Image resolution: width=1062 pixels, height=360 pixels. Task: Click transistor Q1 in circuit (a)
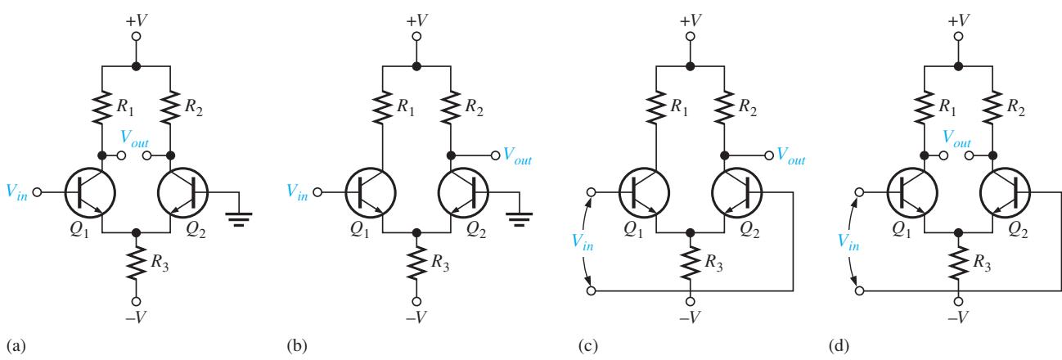(90, 192)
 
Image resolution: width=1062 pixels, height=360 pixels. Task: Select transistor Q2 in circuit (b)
(463, 192)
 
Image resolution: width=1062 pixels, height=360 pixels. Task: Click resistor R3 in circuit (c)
(691, 263)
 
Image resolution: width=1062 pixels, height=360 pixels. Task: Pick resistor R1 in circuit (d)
(924, 108)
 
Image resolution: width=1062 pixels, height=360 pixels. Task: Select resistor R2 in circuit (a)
(170, 108)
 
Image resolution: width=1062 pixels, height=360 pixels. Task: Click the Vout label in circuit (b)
(517, 156)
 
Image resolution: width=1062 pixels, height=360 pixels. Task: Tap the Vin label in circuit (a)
(16, 192)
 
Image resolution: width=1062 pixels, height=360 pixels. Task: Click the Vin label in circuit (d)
(848, 241)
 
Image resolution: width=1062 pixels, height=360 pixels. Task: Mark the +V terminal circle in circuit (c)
(691, 37)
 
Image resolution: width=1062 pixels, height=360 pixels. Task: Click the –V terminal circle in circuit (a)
(136, 301)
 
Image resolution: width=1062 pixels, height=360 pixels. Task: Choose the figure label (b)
(297, 346)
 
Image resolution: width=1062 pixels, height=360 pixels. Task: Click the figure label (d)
(839, 346)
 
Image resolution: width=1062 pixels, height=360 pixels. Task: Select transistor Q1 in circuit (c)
(644, 192)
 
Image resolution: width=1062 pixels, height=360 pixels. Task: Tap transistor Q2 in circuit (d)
(1005, 192)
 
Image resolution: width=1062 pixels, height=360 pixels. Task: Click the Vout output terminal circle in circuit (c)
(769, 155)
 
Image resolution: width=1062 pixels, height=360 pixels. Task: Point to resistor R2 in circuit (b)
(451, 108)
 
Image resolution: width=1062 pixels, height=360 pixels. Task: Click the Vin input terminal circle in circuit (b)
(317, 192)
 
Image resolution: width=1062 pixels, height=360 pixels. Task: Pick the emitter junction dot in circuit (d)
(958, 232)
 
